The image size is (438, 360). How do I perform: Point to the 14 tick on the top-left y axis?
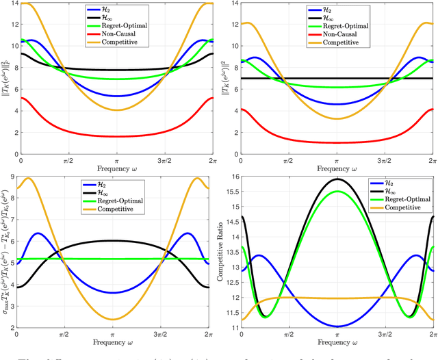(13, 3)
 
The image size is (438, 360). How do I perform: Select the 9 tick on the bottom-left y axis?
(15, 176)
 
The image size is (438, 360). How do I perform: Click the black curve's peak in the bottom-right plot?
(337, 179)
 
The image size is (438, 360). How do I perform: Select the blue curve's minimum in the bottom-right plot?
(337, 326)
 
